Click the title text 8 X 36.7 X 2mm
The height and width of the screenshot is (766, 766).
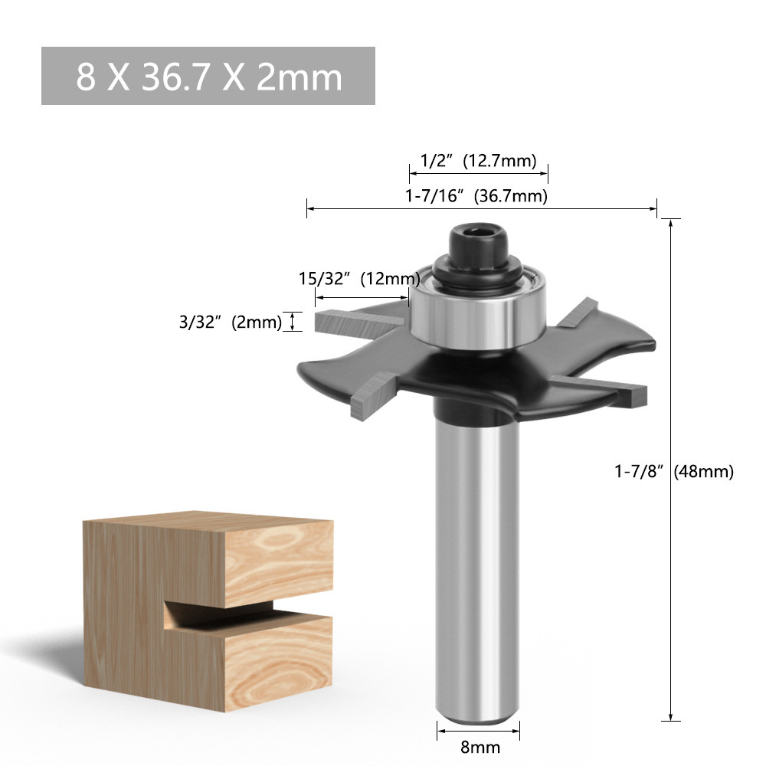pos(208,77)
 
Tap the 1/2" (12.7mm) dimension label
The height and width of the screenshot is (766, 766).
pos(478,161)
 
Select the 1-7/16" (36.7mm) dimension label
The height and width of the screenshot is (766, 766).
pos(476,195)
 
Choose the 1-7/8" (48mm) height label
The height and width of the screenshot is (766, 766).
pos(674,472)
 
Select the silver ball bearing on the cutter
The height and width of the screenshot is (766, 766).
pos(476,314)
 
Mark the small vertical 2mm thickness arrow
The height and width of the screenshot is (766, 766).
pos(291,321)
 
